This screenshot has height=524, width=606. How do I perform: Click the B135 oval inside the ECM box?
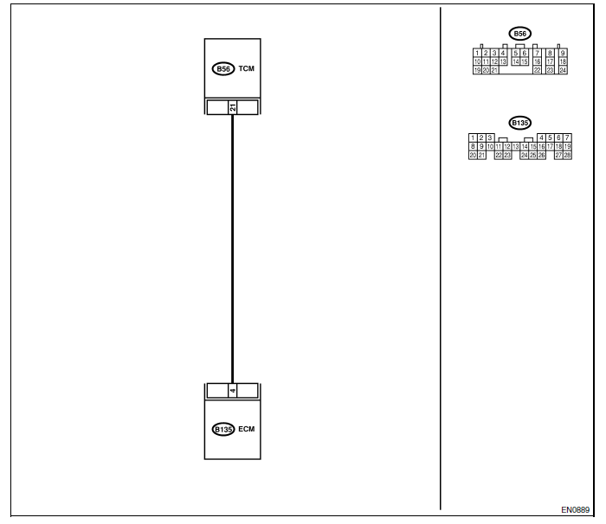point(223,429)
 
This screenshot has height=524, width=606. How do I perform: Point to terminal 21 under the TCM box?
point(232,107)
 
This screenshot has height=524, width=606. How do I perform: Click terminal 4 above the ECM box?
point(232,390)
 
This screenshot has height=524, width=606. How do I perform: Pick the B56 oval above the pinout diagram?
point(519,34)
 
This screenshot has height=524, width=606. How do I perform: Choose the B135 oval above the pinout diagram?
point(519,123)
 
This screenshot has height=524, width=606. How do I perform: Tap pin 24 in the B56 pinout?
point(562,70)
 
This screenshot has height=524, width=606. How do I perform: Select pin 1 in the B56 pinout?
point(477,53)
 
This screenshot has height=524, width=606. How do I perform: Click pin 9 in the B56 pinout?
point(562,53)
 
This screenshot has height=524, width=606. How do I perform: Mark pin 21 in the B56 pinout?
point(494,70)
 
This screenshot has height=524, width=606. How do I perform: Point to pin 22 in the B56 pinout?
point(538,70)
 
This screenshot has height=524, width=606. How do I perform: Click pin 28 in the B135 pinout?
point(568,155)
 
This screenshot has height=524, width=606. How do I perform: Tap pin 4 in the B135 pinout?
point(541,137)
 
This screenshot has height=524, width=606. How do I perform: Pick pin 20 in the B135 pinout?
point(473,155)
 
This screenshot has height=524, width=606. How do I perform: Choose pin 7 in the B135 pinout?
point(568,137)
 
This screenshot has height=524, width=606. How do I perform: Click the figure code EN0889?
point(575,510)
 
